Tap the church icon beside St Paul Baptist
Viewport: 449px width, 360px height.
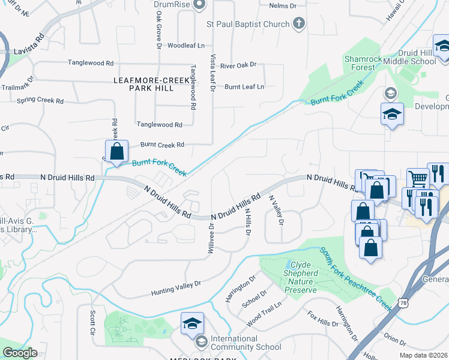[x=299, y=24]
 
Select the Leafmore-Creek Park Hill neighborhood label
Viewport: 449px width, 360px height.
[x=143, y=84]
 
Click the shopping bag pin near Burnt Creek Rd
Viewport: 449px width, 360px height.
[x=116, y=151]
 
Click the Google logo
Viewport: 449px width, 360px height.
[x=20, y=352]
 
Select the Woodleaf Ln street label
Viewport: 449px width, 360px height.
[x=186, y=46]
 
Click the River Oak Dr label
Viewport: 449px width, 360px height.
[x=238, y=65]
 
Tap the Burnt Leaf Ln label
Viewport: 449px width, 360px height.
[x=244, y=87]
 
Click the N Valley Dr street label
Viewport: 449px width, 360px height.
[x=276, y=210]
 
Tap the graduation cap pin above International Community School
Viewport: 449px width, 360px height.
[x=192, y=323]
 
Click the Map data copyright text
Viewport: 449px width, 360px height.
[x=424, y=355]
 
